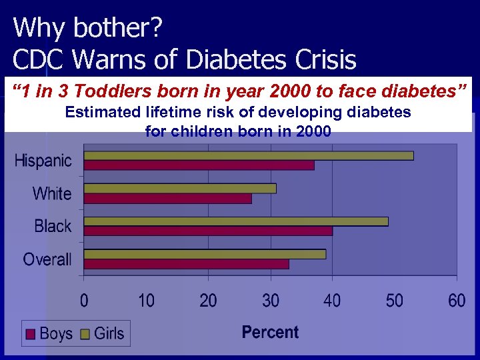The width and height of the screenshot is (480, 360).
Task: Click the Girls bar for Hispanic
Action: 249,155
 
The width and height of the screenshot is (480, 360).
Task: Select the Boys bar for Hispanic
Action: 199,165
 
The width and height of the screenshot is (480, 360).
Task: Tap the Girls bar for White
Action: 180,188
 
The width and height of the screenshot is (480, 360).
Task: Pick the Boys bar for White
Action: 168,198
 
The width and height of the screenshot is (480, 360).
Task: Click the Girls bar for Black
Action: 236,221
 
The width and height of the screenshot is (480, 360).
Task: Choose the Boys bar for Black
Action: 208,231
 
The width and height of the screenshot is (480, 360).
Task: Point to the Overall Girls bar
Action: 205,254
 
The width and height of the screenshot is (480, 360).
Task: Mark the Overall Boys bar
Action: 187,264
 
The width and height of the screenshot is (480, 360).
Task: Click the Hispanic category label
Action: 43,161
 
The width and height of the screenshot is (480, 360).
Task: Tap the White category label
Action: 52,193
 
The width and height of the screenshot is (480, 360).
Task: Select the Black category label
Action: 53,226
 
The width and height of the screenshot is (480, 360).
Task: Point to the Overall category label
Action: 47,259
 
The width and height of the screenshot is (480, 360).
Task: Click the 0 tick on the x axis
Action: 84,301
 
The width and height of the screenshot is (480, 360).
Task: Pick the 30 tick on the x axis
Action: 271,301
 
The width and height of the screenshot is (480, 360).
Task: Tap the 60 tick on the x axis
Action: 457,301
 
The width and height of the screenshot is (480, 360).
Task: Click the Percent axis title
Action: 270,332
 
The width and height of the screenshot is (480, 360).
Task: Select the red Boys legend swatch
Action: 31,334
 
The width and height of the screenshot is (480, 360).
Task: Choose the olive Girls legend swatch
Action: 85,334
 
